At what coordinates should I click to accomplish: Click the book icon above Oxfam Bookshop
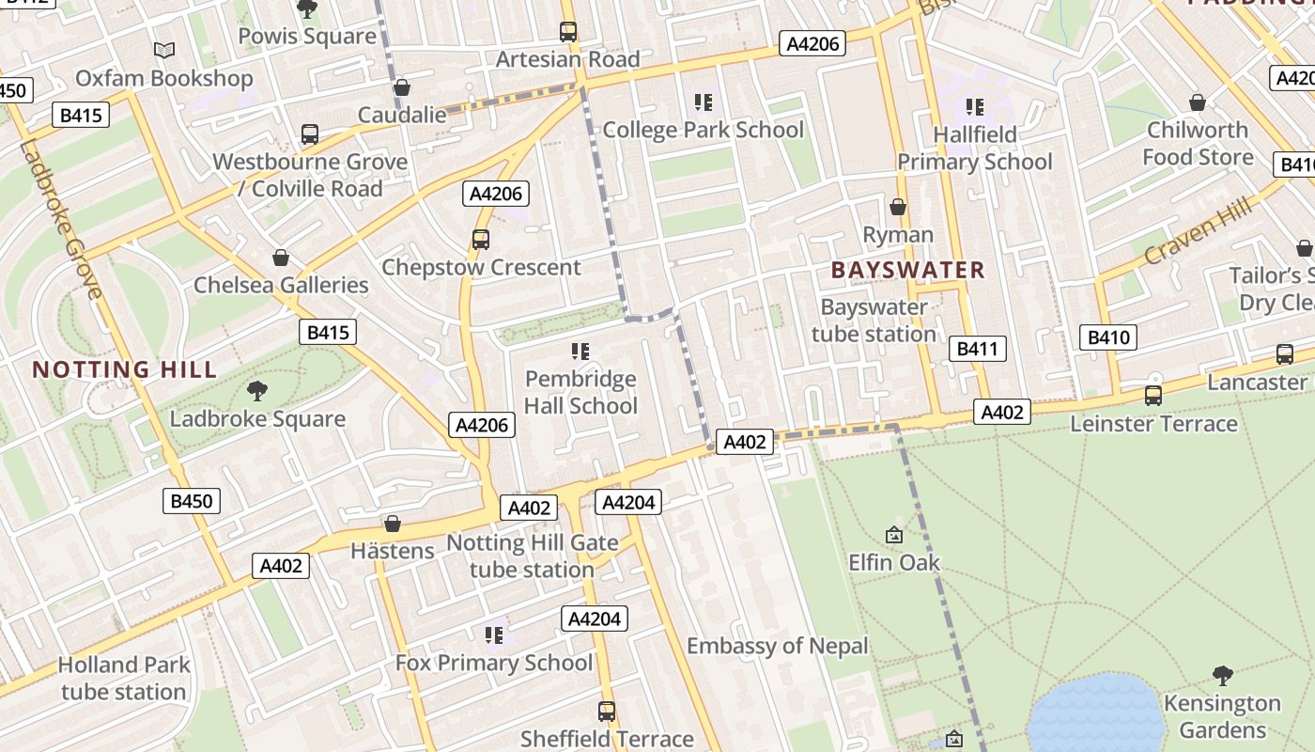(x=164, y=50)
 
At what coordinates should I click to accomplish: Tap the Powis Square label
(x=306, y=37)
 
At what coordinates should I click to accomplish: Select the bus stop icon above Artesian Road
(x=568, y=31)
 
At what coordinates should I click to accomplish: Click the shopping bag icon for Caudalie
(x=402, y=87)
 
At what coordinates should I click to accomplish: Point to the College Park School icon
(x=704, y=102)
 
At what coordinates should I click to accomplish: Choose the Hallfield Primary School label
(x=974, y=149)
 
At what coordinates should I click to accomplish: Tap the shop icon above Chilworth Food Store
(x=1198, y=102)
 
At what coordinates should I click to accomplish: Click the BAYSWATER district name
(x=907, y=271)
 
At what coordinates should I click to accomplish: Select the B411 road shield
(x=977, y=349)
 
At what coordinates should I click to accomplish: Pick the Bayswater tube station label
(x=874, y=321)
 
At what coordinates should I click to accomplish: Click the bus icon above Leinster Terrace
(x=1153, y=396)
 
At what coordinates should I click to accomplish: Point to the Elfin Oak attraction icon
(x=894, y=535)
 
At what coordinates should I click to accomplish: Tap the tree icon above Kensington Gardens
(x=1222, y=675)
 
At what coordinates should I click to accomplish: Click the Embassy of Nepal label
(x=778, y=647)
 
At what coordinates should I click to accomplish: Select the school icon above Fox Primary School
(x=494, y=635)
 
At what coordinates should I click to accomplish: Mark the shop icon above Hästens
(x=393, y=523)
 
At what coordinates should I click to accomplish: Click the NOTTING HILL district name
(x=125, y=369)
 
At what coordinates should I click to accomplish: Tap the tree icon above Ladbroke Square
(x=256, y=391)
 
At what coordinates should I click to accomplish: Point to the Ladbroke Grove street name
(x=58, y=220)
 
